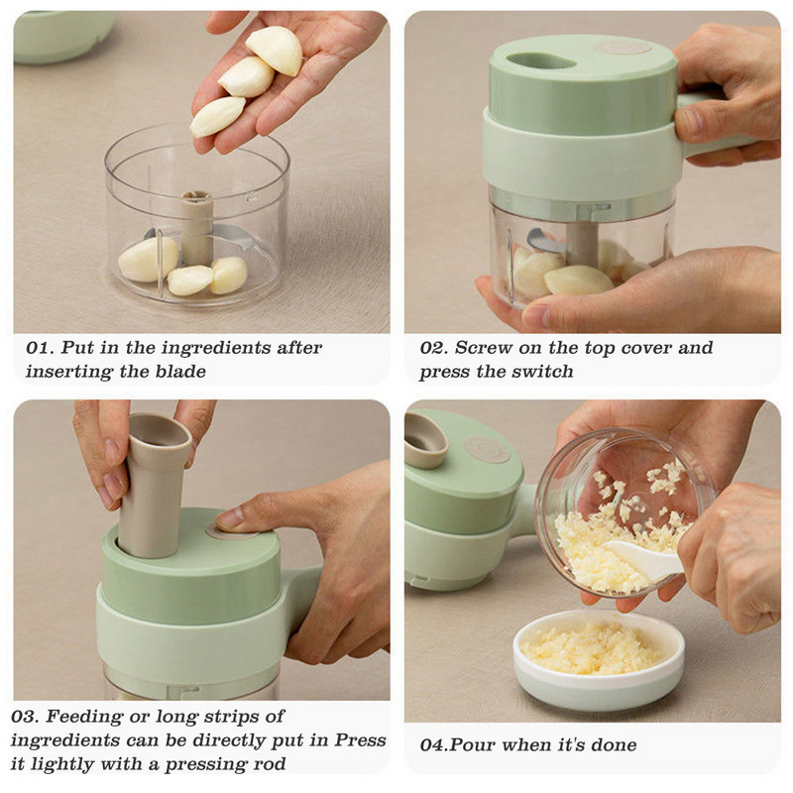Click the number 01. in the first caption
[x=41, y=348]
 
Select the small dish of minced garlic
[x=599, y=658]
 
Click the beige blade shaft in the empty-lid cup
[x=196, y=227]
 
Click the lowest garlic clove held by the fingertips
[x=217, y=116]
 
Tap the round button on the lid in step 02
[x=622, y=48]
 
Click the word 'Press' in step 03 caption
[x=360, y=740]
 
